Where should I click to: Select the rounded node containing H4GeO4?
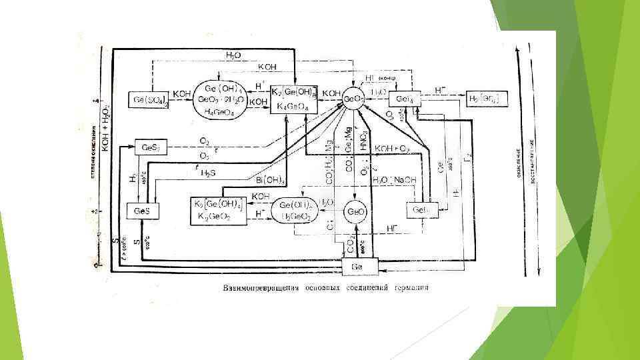pos(219,99)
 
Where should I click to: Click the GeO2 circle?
pos(353,100)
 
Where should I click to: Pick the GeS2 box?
pos(149,146)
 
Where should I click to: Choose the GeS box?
pos(141,211)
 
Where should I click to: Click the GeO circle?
pos(354,212)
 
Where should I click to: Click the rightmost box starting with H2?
pos(487,99)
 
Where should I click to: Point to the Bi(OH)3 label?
pos(271,181)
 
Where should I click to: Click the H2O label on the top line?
pos(233,55)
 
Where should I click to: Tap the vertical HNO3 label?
pos(365,141)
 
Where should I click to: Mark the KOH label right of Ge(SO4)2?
pos(182,94)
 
